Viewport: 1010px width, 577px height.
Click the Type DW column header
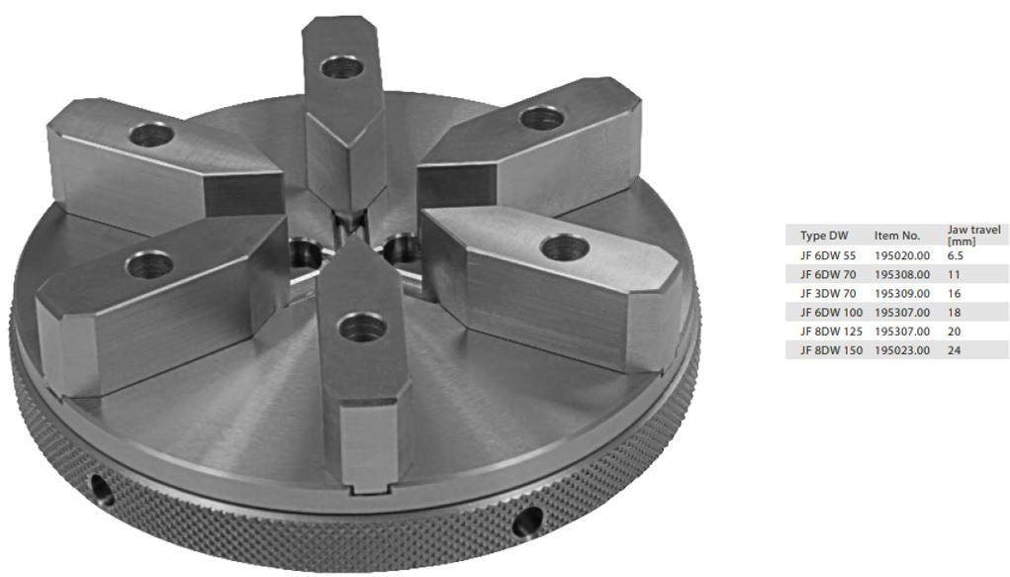[x=824, y=236]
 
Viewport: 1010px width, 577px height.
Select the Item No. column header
[x=897, y=236]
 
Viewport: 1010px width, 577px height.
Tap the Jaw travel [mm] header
[x=974, y=236]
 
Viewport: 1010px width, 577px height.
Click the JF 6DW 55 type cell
[x=828, y=255]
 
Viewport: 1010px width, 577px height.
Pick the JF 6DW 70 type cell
[x=828, y=274]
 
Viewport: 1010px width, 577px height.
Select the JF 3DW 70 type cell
[x=828, y=293]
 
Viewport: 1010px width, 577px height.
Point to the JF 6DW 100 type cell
[x=831, y=313]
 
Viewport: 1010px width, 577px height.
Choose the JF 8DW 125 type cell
[x=831, y=332]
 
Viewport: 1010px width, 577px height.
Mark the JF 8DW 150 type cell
[x=831, y=350]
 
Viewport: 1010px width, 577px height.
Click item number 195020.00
[x=902, y=255]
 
